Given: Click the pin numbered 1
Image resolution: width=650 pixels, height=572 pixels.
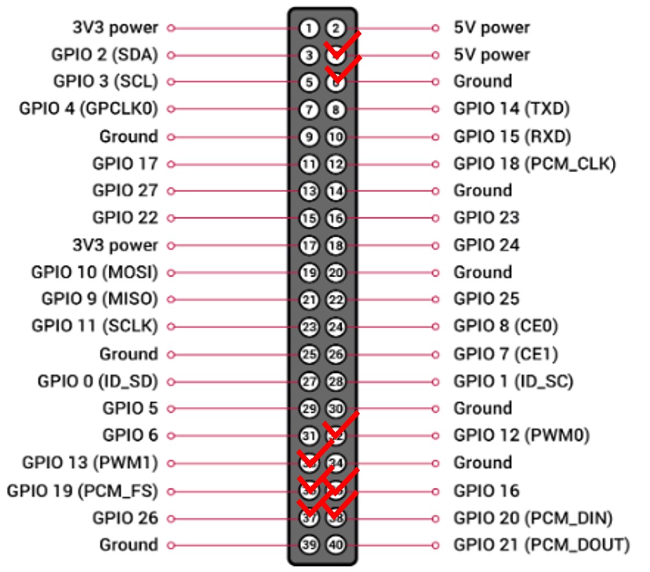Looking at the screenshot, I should [309, 28].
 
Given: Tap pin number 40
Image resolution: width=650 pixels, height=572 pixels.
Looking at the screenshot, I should [335, 545].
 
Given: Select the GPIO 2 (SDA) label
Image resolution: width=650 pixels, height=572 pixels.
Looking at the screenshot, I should [104, 55].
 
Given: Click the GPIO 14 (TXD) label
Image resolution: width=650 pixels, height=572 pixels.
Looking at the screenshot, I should [511, 109].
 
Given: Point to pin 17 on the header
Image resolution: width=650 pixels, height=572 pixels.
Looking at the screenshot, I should [309, 246].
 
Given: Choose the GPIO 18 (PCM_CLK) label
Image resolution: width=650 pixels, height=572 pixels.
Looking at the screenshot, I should [534, 163].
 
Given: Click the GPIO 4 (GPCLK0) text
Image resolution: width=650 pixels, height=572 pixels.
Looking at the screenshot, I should [88, 109].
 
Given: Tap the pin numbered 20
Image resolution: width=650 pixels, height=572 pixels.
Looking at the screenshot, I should [335, 273].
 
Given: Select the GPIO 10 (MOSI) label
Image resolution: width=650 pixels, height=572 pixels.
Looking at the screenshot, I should [95, 273].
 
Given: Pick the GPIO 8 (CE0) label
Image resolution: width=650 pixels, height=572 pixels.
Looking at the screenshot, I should [505, 327].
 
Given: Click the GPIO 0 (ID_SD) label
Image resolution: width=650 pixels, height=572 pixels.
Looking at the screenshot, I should [98, 382].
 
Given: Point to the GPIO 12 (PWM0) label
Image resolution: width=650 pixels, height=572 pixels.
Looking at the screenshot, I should [521, 435].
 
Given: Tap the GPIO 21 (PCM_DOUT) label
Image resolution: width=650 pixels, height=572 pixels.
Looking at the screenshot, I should [541, 545].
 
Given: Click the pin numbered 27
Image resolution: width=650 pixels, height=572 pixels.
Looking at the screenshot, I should [309, 382].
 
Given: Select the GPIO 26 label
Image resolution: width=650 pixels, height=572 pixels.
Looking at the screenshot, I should [125, 518].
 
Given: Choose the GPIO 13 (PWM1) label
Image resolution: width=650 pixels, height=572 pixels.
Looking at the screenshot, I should [90, 463].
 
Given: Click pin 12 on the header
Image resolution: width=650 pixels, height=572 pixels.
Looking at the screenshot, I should [335, 164].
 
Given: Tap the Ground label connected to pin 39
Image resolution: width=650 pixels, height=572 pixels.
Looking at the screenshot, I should [128, 545].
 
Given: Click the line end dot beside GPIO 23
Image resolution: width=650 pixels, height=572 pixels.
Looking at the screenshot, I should [435, 218].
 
